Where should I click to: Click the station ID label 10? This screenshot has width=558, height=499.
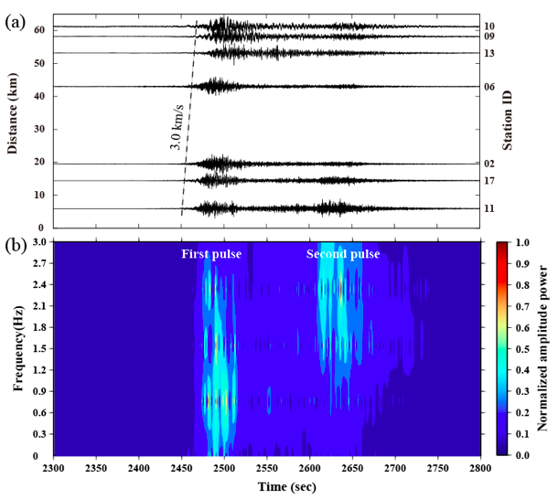coord(490,27)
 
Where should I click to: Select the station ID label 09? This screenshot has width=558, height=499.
coord(490,37)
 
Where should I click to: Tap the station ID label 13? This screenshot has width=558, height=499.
coord(490,53)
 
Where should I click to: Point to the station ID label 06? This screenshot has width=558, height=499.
coord(490,87)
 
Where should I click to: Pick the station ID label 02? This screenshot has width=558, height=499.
coord(490,164)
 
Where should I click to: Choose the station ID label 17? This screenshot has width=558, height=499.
coord(490,181)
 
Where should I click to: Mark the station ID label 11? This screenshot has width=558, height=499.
coord(490,208)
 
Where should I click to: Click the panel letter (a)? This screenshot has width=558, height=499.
coord(16,22)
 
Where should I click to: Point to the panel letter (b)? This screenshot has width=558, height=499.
coord(16,245)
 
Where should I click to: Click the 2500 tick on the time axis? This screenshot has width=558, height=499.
coord(224,468)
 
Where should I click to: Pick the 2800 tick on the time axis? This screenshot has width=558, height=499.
coord(481,468)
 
